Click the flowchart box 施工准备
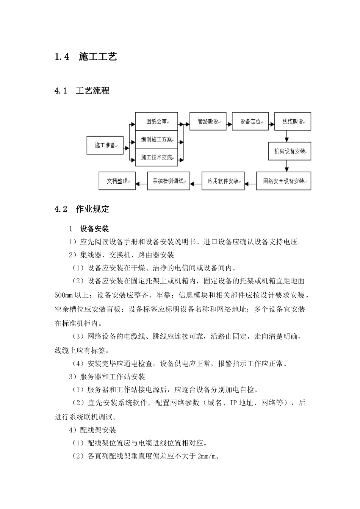click(105, 145)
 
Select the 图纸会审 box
click(156, 122)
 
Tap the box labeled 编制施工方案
click(156, 139)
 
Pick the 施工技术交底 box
click(156, 157)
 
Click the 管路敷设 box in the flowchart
click(208, 122)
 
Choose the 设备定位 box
click(250, 122)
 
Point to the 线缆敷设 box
click(293, 122)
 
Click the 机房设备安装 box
click(290, 151)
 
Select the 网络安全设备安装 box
click(283, 181)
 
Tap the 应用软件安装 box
click(223, 181)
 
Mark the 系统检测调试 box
click(168, 181)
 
